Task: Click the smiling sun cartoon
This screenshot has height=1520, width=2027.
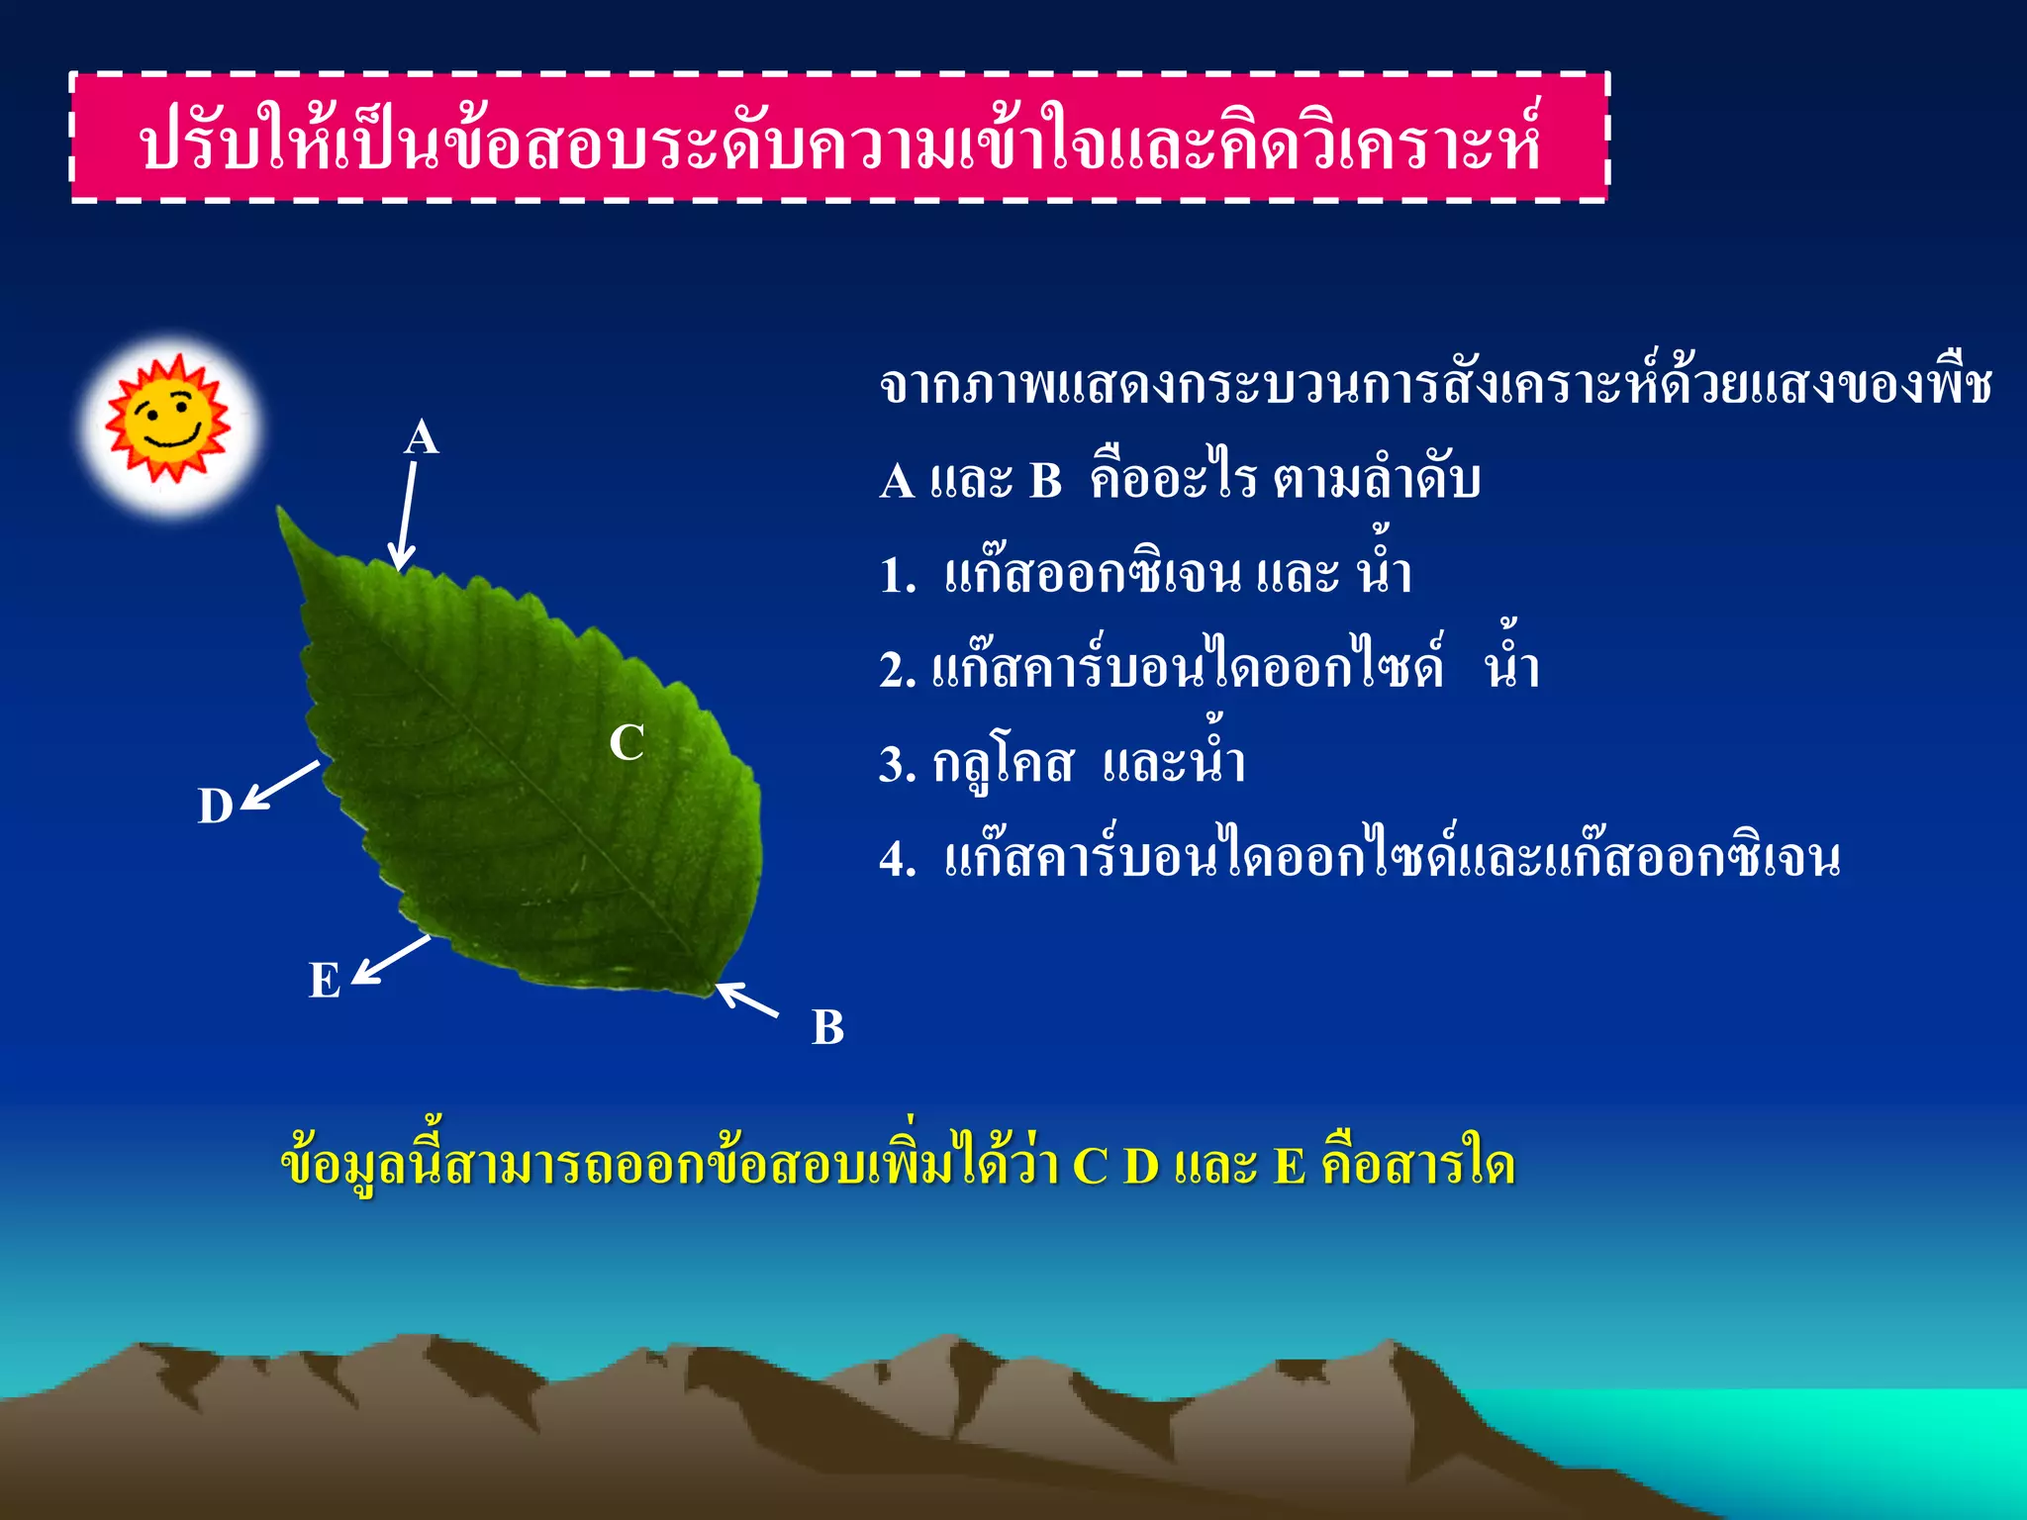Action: tap(168, 421)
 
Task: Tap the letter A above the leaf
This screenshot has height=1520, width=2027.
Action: tap(422, 437)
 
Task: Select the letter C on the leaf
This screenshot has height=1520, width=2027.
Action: tap(627, 742)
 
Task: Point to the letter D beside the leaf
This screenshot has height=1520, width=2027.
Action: tap(216, 807)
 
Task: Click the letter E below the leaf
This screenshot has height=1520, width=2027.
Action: tap(325, 981)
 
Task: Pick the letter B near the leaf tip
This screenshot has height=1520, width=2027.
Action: tap(828, 1027)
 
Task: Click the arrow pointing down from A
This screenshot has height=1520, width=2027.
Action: tap(405, 517)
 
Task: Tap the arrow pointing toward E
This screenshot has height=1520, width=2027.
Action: tap(392, 959)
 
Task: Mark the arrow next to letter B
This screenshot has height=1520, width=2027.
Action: tap(748, 999)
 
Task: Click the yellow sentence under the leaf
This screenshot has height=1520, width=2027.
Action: tap(898, 1165)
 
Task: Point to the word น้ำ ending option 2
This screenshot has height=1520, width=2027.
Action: tap(1512, 665)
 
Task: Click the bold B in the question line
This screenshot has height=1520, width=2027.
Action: tap(1046, 482)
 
